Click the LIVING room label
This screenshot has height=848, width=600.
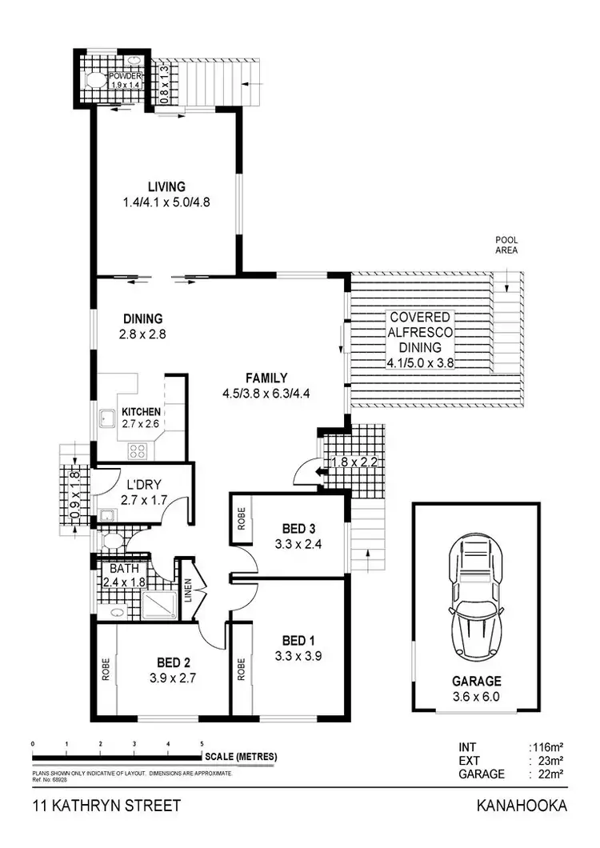(166, 187)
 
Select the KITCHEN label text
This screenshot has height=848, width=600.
(142, 412)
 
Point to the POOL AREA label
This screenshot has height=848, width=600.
(506, 245)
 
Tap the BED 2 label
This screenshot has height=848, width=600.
(173, 662)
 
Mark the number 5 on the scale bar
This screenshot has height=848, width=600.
(202, 745)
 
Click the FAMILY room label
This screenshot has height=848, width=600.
(266, 378)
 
